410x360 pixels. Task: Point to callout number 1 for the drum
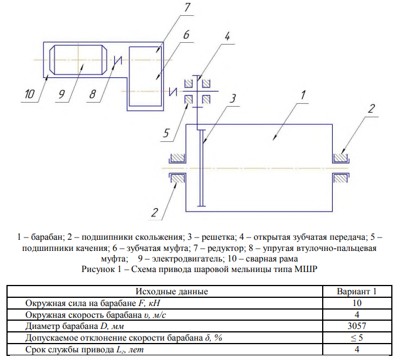click(303, 94)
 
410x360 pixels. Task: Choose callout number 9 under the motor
click(60, 94)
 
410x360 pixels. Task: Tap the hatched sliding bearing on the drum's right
click(340, 158)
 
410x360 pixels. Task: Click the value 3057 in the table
click(356, 326)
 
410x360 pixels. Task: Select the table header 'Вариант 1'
click(356, 291)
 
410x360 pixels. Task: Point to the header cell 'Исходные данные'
click(172, 291)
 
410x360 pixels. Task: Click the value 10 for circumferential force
click(356, 303)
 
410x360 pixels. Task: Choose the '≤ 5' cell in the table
click(356, 338)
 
